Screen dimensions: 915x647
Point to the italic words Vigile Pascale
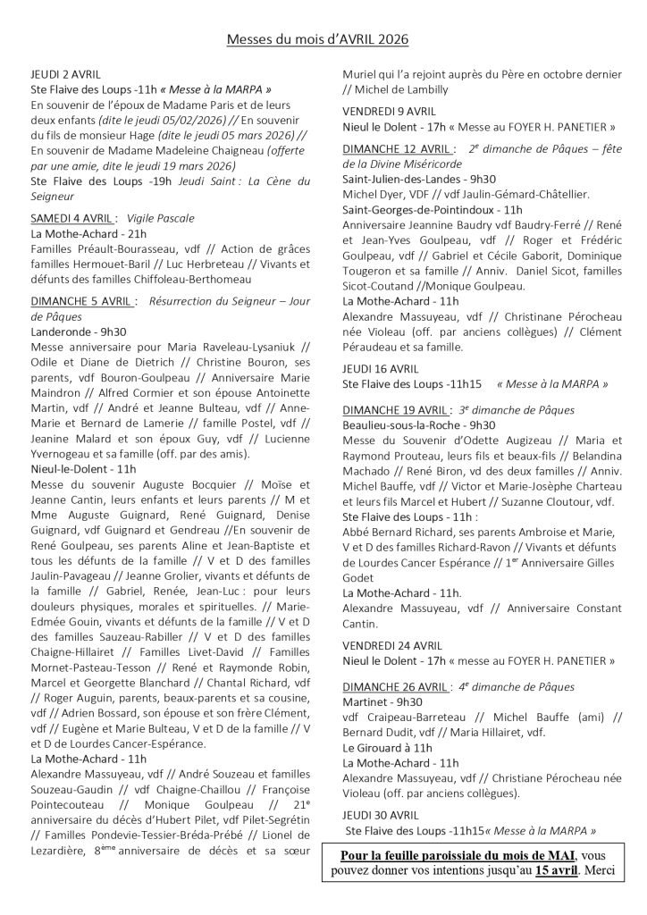tap(161, 217)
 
